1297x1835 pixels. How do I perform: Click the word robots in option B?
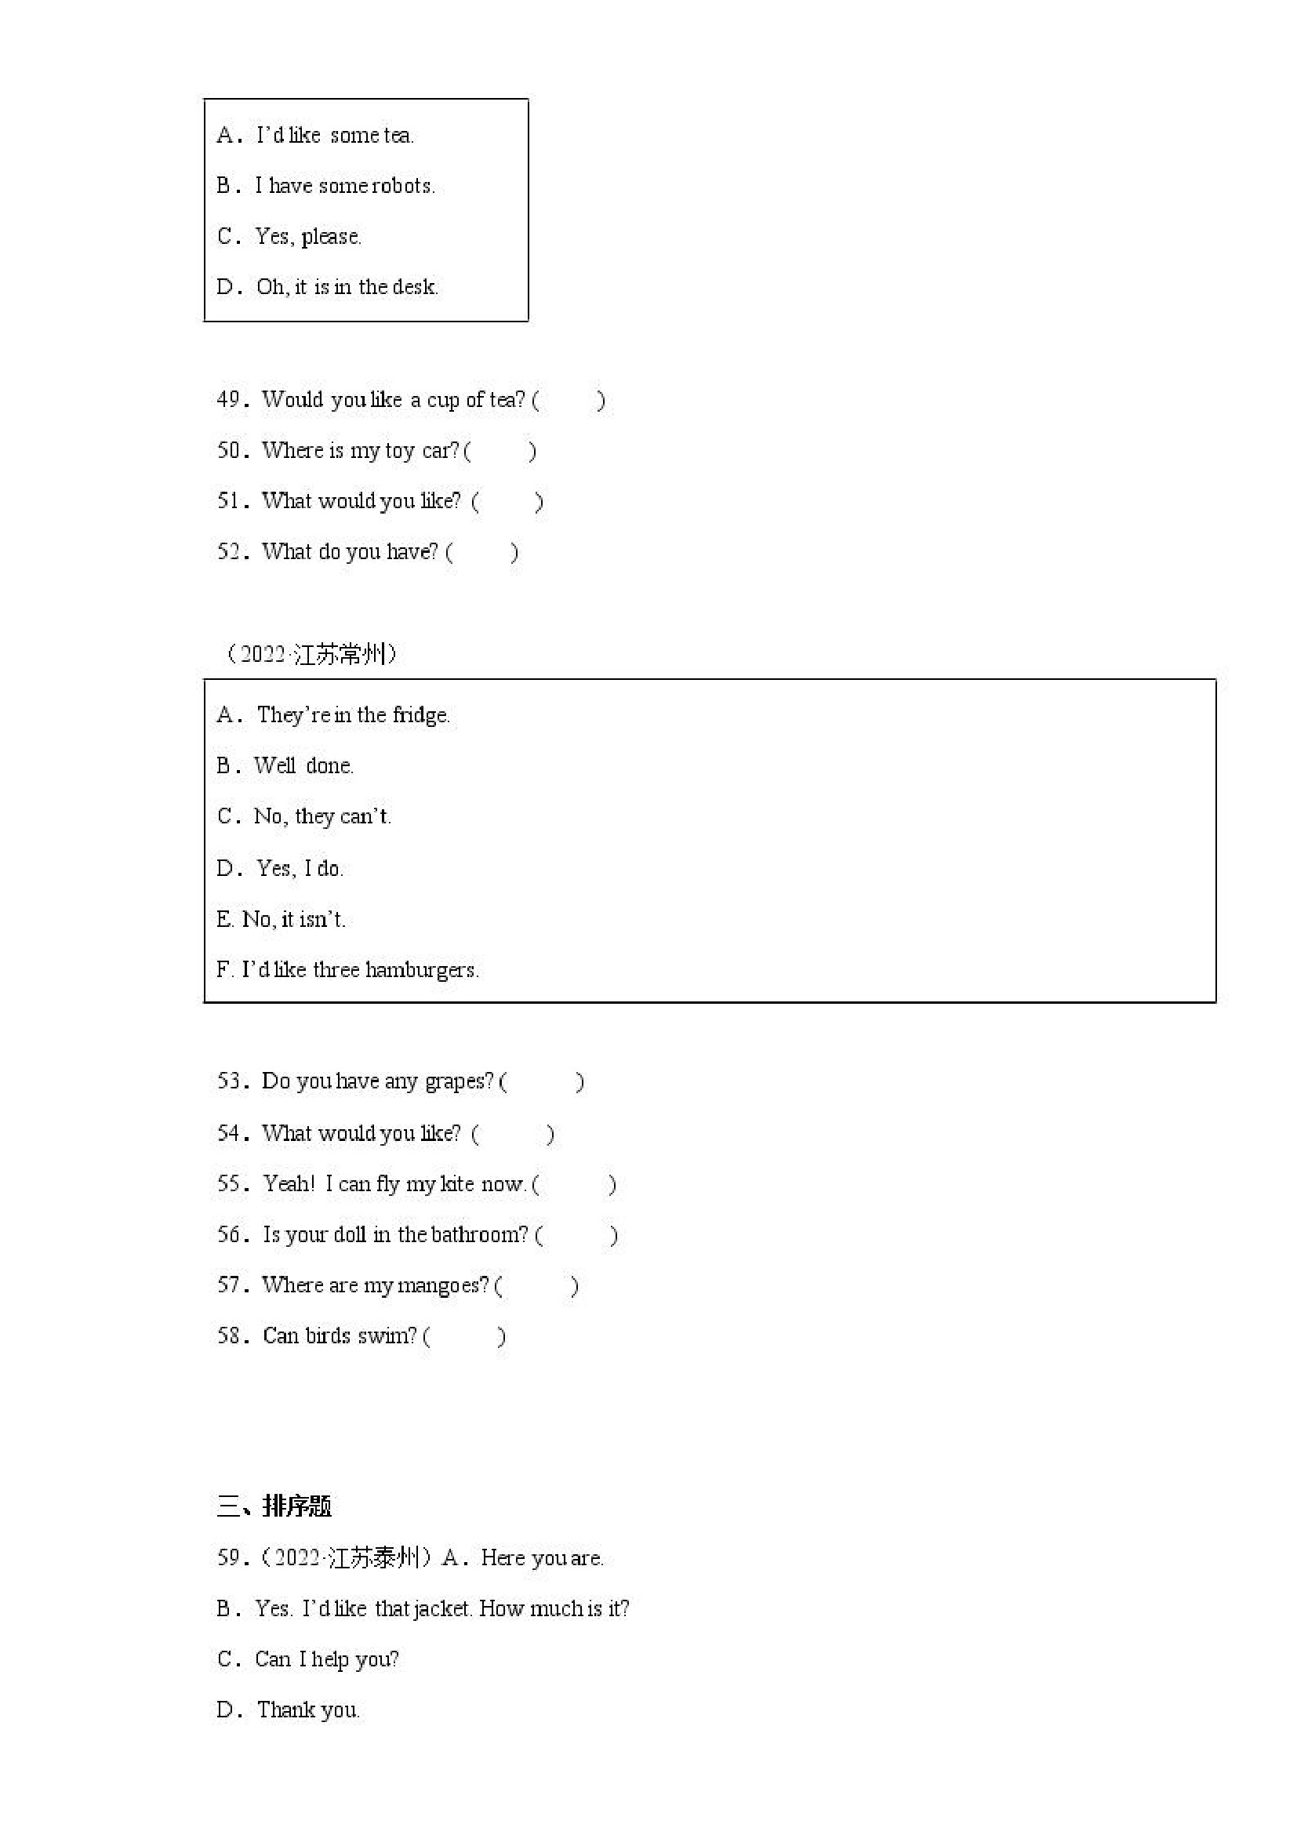pyautogui.click(x=403, y=186)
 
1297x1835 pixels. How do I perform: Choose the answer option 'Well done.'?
pyautogui.click(x=303, y=765)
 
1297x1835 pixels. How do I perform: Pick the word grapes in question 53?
pyautogui.click(x=459, y=1081)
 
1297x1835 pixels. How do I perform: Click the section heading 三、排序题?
pyautogui.click(x=274, y=1506)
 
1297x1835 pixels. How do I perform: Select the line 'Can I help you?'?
pyautogui.click(x=327, y=1659)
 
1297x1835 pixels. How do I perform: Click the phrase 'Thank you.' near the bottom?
pyautogui.click(x=308, y=1710)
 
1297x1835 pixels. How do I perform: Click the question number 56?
pyautogui.click(x=231, y=1235)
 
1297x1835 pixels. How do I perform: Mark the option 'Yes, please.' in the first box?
pyautogui.click(x=308, y=237)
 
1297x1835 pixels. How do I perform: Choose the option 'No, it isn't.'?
pyautogui.click(x=293, y=919)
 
